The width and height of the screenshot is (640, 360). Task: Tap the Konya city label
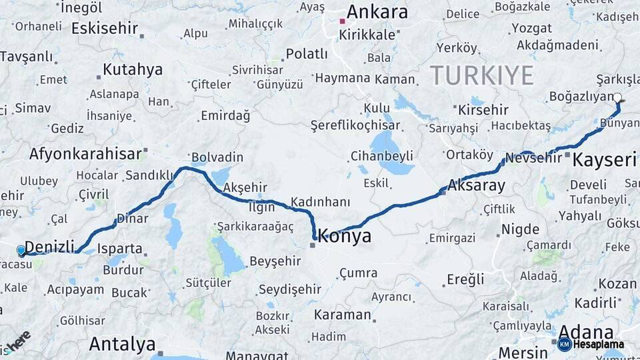[x=345, y=236]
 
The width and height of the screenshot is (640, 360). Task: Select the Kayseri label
[x=605, y=160]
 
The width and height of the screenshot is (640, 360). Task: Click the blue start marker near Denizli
[x=21, y=250]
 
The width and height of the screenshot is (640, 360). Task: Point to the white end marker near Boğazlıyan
[x=617, y=98]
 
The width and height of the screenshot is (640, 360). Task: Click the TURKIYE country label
[x=481, y=75]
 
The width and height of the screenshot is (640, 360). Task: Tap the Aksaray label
[x=477, y=186]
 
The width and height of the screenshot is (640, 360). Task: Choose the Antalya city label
[x=122, y=344]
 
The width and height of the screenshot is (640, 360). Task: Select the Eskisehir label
[x=105, y=29]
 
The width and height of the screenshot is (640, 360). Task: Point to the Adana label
[x=585, y=331]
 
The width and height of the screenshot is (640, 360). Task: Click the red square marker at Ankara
[x=342, y=21]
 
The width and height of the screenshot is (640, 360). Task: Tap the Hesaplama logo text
[x=599, y=345]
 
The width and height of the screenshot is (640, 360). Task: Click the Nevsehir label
[x=533, y=158]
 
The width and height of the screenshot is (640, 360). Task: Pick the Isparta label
[x=120, y=249]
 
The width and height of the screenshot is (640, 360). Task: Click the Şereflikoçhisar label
[x=365, y=125]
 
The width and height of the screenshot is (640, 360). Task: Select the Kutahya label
[x=133, y=69]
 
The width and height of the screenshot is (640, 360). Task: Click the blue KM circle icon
[x=564, y=345]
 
